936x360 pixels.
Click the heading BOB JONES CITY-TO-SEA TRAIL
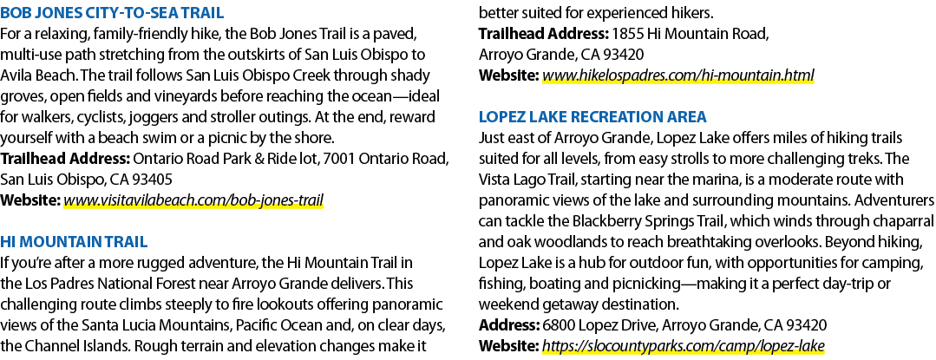coord(112,12)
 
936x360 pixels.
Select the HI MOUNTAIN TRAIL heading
coord(74,241)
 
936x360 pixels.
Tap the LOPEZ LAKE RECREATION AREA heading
coord(592,116)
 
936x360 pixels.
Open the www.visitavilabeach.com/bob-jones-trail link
coord(193,200)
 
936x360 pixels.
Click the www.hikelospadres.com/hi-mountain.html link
coord(677,75)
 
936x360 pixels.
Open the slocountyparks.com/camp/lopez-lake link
coord(683,345)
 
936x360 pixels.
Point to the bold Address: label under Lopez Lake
coord(509,325)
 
